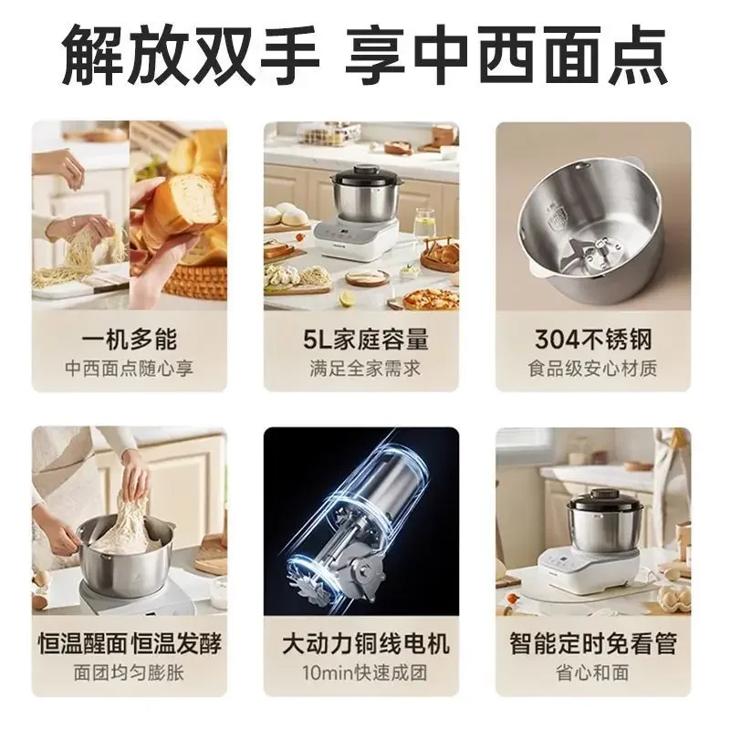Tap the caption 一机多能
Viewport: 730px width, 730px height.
click(129, 339)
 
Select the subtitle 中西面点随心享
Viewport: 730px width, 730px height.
click(129, 370)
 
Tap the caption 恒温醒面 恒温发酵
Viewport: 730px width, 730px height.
click(129, 644)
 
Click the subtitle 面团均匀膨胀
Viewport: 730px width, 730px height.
click(129, 674)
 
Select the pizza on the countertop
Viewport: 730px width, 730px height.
click(429, 298)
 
